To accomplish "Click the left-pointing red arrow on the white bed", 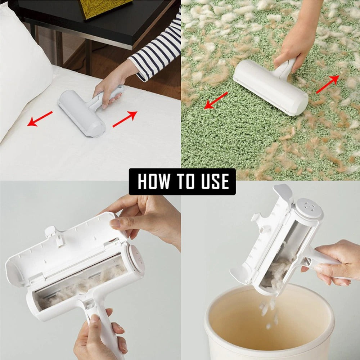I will (x=40, y=119).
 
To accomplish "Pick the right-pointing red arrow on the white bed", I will (x=125, y=119).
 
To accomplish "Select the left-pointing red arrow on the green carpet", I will (x=216, y=100).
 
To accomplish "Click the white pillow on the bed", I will (x=22, y=68).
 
